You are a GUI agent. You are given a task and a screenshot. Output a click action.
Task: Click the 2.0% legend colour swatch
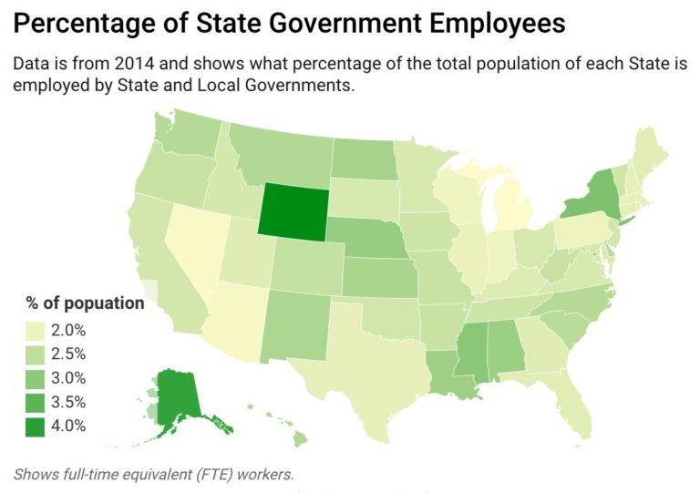(36, 330)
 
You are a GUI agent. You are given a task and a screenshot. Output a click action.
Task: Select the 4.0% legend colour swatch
(36, 425)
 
